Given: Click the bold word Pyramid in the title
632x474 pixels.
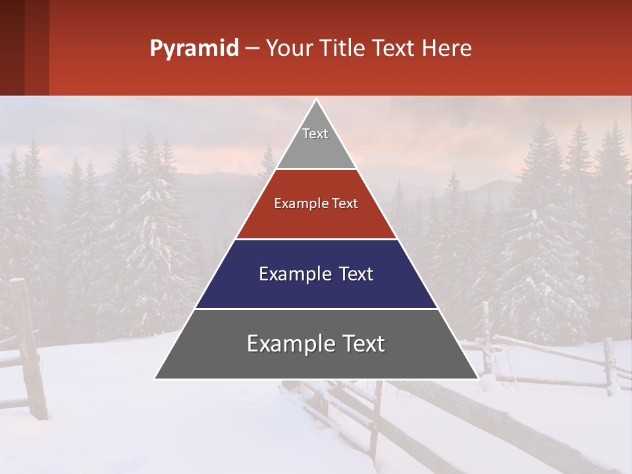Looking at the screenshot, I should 194,49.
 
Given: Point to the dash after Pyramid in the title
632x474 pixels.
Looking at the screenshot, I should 251,49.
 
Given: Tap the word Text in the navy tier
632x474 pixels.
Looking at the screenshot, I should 353,274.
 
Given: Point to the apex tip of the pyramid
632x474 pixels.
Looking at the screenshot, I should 316,101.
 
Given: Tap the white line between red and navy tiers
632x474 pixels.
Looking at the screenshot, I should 316,239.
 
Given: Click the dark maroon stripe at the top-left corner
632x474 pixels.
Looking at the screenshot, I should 12,47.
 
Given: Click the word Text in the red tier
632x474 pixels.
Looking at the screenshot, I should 344,203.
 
